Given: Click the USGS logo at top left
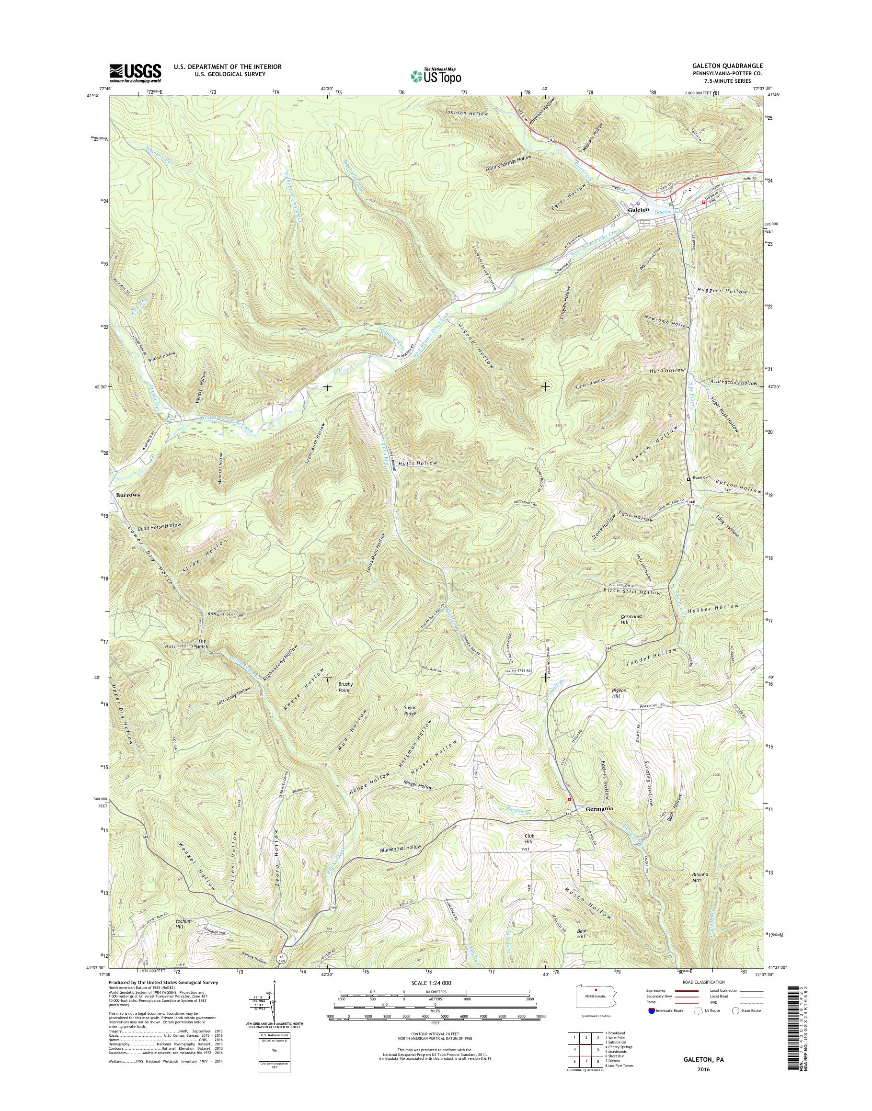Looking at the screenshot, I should (x=135, y=73).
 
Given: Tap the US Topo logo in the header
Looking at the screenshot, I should (x=436, y=76).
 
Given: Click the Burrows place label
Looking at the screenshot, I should (x=127, y=495).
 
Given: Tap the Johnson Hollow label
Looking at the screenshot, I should (x=466, y=113).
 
